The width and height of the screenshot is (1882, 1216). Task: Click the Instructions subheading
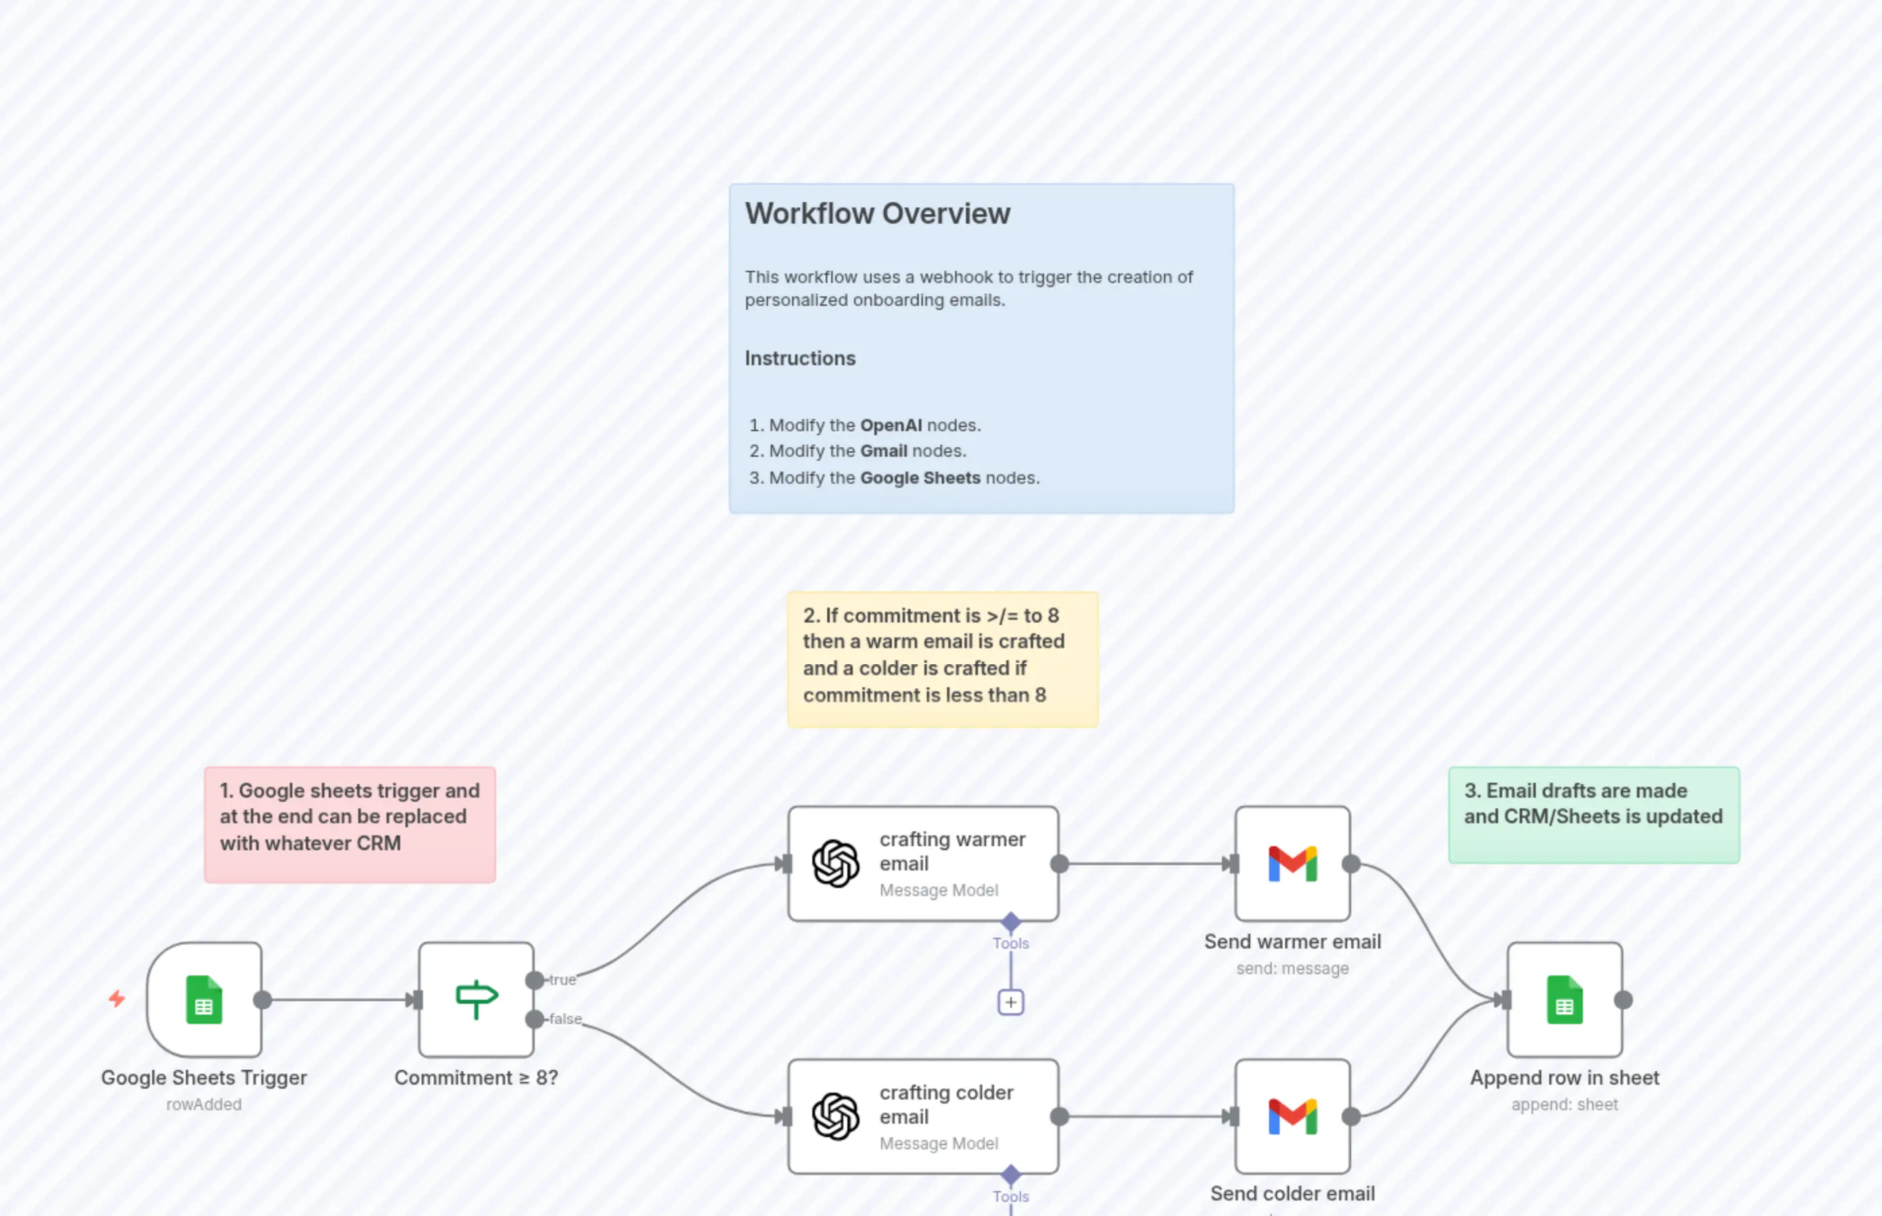(800, 358)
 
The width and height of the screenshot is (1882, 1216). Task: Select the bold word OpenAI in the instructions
(890, 425)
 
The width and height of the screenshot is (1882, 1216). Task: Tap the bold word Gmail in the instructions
(883, 451)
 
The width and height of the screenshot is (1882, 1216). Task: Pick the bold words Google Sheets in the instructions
(919, 478)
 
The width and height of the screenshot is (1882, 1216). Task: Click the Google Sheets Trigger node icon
(203, 1000)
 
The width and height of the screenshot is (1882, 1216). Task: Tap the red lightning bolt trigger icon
(117, 999)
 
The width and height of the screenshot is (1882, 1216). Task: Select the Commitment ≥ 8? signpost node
(476, 1000)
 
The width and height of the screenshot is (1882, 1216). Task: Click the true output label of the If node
(562, 980)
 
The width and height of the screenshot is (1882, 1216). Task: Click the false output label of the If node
(565, 1019)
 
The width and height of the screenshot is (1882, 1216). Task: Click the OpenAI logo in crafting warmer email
(835, 864)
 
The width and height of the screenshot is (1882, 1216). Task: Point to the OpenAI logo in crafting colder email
(835, 1116)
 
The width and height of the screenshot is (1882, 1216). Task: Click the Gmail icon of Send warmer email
(1293, 864)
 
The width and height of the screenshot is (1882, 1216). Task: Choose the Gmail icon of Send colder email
(1293, 1116)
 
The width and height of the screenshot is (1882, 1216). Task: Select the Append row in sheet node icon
(1564, 1000)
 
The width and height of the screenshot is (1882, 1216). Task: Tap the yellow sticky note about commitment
(942, 659)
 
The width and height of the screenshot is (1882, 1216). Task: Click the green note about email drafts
(1593, 814)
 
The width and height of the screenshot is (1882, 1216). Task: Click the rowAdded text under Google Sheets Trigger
(203, 1105)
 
